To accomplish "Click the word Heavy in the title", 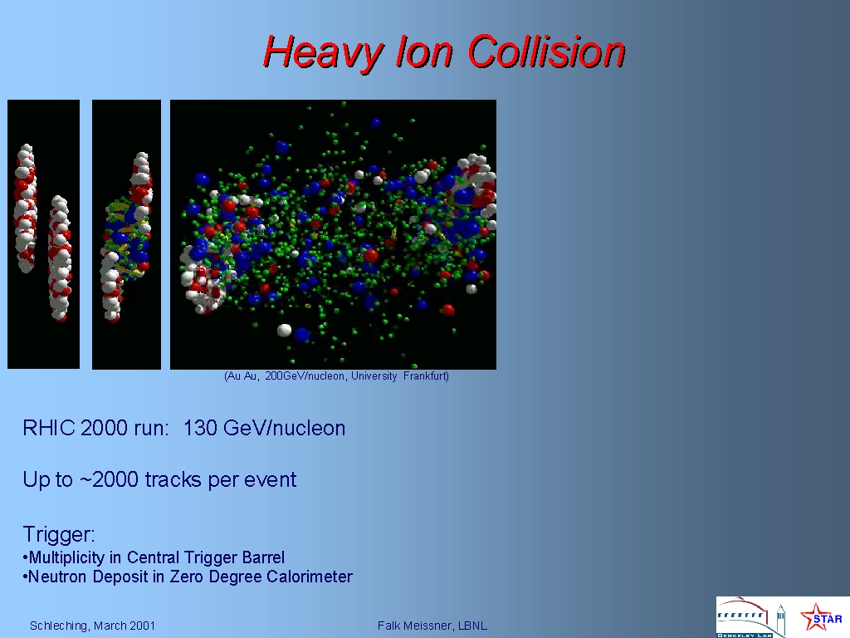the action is tap(323, 53).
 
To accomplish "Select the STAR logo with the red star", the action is tap(821, 617).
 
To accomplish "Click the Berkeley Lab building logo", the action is tap(750, 617).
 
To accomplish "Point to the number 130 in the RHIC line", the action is tap(200, 428).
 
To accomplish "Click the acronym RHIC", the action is tap(49, 428).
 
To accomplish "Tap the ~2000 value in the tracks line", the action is tap(109, 479).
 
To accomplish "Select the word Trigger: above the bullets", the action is tap(59, 535).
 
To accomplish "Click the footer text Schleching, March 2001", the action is tap(92, 626).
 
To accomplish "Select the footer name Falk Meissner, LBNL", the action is tap(432, 626).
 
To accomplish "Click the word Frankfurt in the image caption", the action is tap(424, 376).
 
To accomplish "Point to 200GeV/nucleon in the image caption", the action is tap(305, 376).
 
